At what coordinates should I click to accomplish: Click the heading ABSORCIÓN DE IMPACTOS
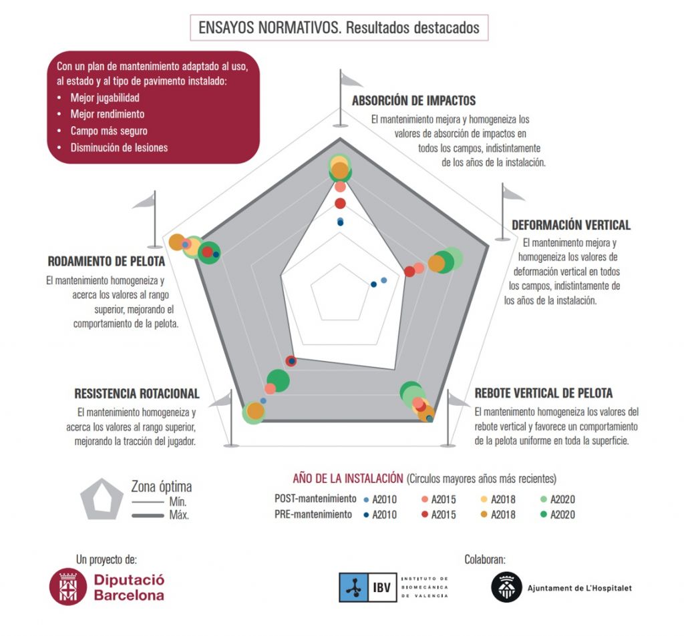(x=413, y=101)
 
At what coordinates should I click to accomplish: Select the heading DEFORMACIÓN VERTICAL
(x=570, y=225)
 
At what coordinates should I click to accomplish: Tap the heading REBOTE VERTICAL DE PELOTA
(x=543, y=393)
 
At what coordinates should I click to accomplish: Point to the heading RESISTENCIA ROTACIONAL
(x=137, y=393)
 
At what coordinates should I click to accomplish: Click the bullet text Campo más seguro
(x=109, y=131)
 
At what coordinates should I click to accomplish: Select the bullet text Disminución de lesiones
(x=119, y=147)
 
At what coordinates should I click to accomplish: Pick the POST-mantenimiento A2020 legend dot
(x=544, y=499)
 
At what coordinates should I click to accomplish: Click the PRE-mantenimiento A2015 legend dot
(x=424, y=515)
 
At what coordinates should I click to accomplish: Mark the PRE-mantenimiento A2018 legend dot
(x=484, y=515)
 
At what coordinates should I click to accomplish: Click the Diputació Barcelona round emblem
(x=67, y=587)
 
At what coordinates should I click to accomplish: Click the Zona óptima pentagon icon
(x=102, y=499)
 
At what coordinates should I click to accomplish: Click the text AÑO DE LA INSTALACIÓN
(x=347, y=479)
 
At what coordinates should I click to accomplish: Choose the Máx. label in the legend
(x=180, y=515)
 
